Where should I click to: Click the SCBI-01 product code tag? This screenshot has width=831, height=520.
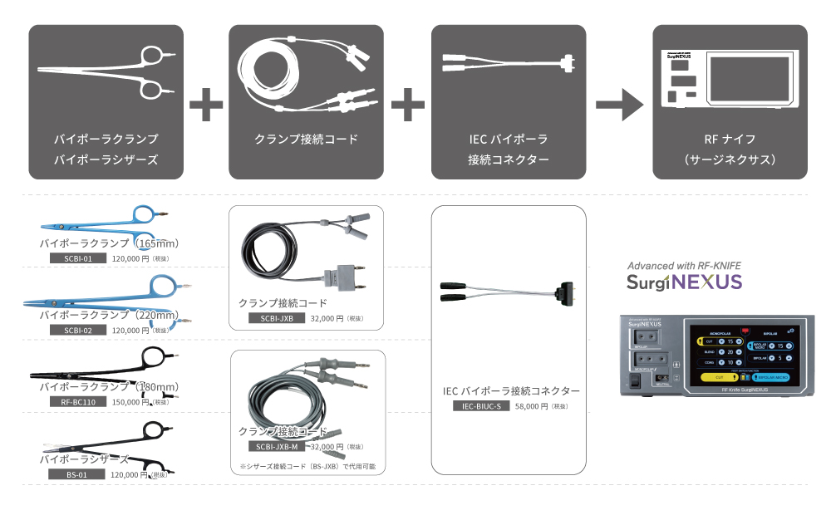click(x=73, y=258)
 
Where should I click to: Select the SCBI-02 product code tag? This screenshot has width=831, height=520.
click(x=73, y=330)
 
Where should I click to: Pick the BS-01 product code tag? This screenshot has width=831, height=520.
click(x=73, y=473)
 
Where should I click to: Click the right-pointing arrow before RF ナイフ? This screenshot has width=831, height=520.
click(x=619, y=105)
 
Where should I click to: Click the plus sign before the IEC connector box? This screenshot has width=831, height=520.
click(x=408, y=105)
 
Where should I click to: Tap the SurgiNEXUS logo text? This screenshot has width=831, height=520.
click(x=684, y=282)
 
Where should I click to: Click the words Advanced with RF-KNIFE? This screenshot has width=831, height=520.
click(x=684, y=266)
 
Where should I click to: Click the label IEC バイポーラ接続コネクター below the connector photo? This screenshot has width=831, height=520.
click(x=511, y=390)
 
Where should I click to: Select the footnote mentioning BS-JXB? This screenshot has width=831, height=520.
click(x=307, y=466)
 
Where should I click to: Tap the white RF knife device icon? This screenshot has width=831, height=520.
click(x=730, y=77)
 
